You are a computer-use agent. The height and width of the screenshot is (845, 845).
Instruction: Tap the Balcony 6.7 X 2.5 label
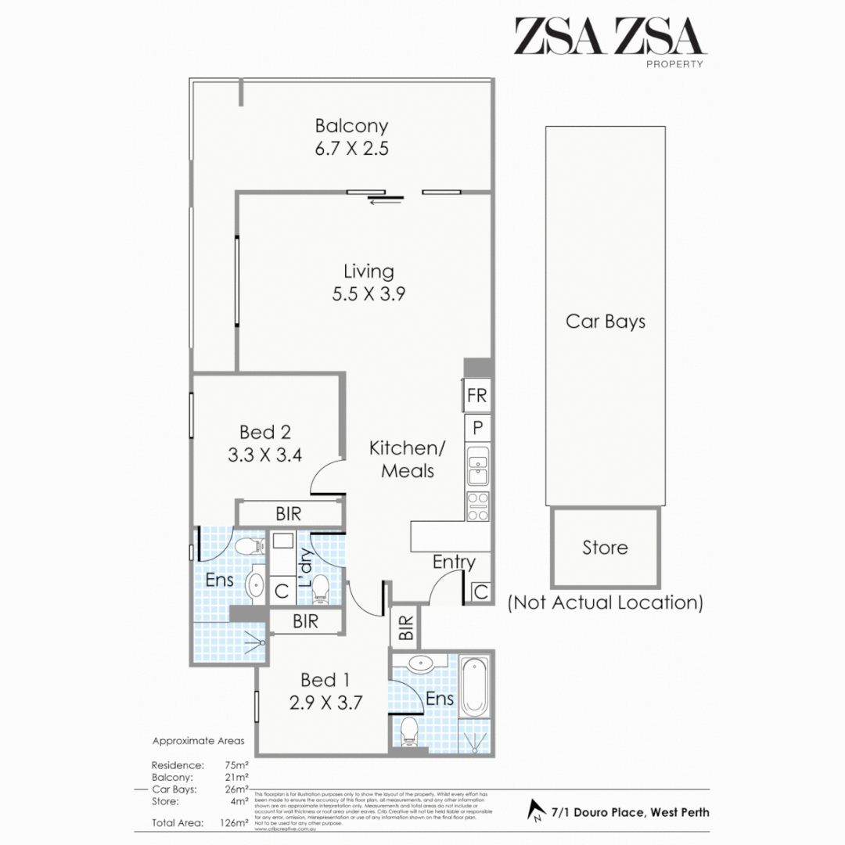[x=351, y=137]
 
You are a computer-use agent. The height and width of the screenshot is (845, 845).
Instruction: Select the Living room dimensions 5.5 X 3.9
[x=368, y=295]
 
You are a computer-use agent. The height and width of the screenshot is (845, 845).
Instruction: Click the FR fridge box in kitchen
[x=476, y=396]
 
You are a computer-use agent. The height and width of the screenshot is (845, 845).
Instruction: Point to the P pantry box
[x=477, y=428]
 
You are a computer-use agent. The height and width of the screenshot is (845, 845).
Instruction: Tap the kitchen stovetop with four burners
[x=477, y=506]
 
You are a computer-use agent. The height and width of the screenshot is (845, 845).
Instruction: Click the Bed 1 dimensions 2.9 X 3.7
[x=325, y=702]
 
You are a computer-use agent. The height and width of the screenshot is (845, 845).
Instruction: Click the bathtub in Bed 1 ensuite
[x=474, y=687]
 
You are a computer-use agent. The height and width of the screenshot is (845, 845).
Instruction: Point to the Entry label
[x=454, y=562]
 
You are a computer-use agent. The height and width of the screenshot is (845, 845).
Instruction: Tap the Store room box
[x=605, y=548]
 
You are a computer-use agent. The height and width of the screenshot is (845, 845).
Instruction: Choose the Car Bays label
[x=606, y=322]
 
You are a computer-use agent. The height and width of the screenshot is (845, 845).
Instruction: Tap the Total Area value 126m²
[x=236, y=822]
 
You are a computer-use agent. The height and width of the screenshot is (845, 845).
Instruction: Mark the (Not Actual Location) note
[x=605, y=602]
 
